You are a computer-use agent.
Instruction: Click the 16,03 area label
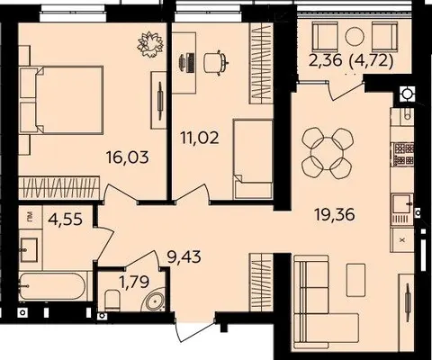(128, 157)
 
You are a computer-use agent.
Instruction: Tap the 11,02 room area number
(200, 138)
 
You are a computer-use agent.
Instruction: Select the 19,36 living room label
(335, 214)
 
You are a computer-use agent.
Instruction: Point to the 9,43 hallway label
(184, 257)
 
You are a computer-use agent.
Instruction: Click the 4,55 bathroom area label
(65, 219)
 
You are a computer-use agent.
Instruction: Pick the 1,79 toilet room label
(134, 282)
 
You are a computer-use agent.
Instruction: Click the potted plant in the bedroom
(150, 44)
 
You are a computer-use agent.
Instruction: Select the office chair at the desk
(216, 62)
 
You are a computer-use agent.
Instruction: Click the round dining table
(327, 153)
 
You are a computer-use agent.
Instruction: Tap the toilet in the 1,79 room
(113, 300)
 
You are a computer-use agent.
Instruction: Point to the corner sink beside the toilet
(155, 301)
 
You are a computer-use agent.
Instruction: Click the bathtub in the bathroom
(53, 286)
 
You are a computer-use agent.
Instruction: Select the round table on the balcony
(355, 37)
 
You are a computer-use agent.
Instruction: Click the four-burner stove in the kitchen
(404, 154)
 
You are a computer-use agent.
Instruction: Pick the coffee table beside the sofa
(355, 280)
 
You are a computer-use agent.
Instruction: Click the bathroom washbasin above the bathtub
(29, 250)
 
